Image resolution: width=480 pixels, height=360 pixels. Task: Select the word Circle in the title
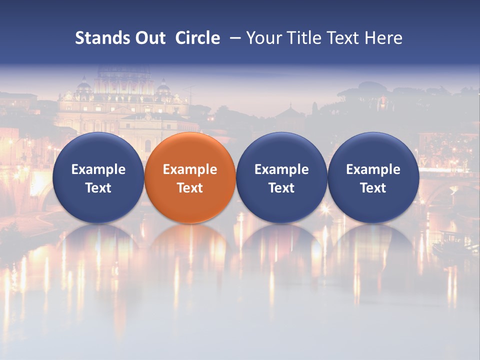197,38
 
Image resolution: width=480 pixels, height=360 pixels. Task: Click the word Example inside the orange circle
190,170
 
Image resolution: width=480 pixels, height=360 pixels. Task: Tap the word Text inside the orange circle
190,188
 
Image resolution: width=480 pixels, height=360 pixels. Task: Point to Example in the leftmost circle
98,170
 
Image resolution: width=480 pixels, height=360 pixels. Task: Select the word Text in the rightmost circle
373,188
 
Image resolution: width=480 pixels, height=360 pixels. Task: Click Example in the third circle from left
281,170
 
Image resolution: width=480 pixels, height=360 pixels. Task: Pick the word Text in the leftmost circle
98,188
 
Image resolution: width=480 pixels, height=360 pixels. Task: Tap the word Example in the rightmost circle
373,170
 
